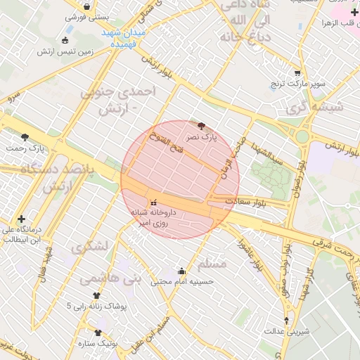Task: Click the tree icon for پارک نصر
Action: [202, 126]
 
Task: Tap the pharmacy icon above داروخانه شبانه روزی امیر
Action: [155, 202]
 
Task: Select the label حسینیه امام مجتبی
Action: [182, 281]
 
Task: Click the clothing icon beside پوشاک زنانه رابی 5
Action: [96, 296]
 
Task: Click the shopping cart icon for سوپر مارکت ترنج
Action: [297, 73]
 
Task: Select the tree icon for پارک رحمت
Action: [25, 137]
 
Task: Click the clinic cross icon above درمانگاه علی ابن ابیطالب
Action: [22, 219]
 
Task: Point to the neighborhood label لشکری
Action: [89, 247]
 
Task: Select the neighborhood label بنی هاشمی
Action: [111, 279]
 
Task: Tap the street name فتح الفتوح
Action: [167, 146]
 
